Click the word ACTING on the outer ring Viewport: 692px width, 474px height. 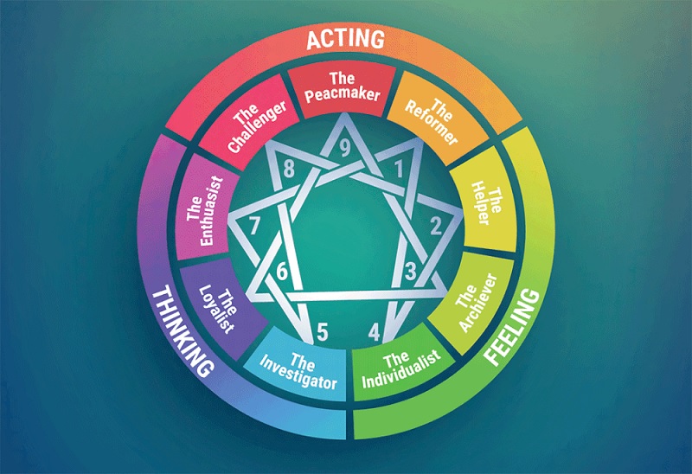(x=345, y=39)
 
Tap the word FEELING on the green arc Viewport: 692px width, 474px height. (x=512, y=328)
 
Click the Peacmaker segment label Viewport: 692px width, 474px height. (x=343, y=87)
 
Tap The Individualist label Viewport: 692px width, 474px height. (x=401, y=369)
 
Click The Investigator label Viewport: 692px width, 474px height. (x=298, y=370)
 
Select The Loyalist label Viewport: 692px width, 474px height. (x=218, y=309)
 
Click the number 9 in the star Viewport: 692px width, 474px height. (x=344, y=148)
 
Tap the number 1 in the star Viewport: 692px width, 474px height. (x=399, y=169)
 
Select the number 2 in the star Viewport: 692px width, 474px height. (x=436, y=226)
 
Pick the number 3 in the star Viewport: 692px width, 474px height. (x=410, y=271)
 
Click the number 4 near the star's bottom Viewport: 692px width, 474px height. (x=375, y=332)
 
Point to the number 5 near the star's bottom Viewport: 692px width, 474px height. (x=323, y=332)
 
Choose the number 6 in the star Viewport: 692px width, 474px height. (x=282, y=271)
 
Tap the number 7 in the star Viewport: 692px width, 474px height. (x=253, y=227)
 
